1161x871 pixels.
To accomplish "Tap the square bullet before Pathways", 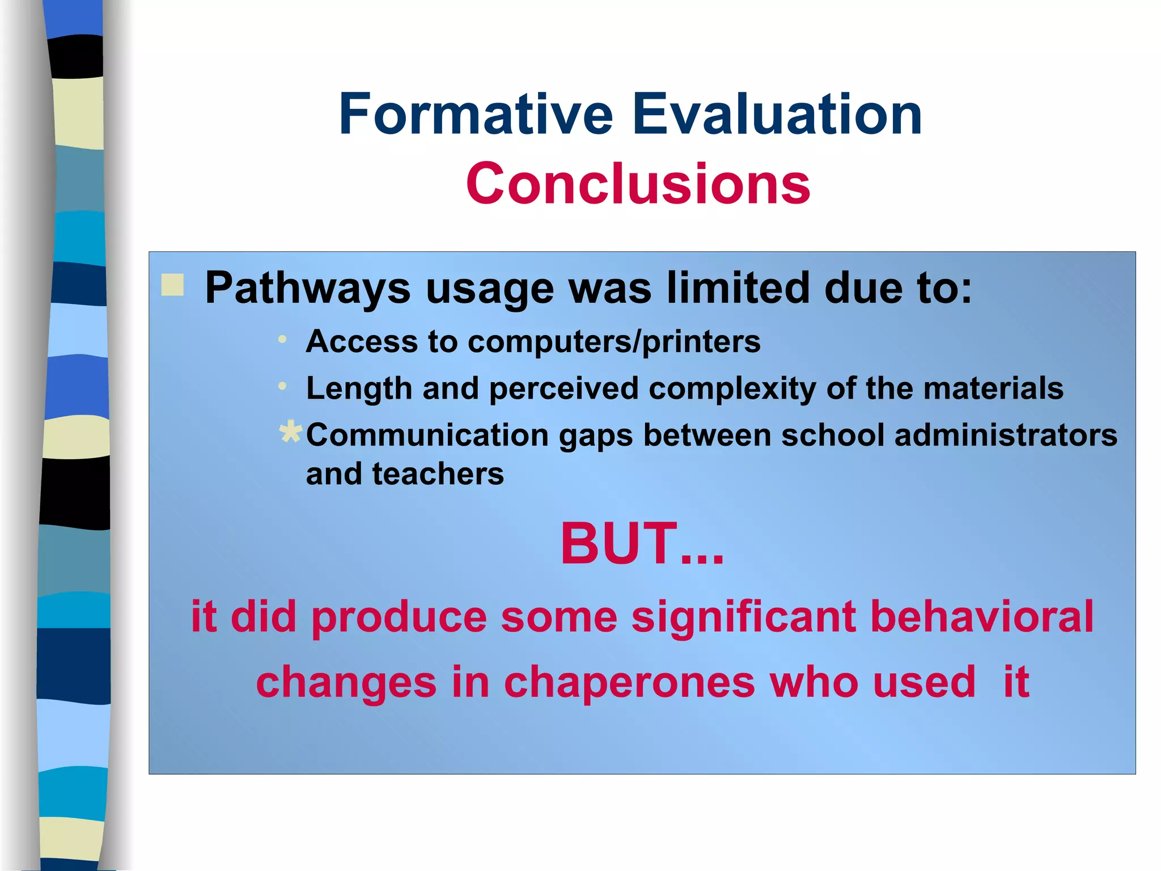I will point(172,285).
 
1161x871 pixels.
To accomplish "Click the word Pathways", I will point(307,289).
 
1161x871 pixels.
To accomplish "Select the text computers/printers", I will point(614,342).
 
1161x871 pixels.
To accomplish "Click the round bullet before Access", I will point(282,340).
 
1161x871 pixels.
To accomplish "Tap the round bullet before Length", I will point(282,386).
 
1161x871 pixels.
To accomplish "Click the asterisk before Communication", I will point(291,432).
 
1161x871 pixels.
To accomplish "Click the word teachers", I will point(438,474).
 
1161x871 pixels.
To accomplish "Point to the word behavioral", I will point(981,617).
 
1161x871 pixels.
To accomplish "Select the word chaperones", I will point(629,683).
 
